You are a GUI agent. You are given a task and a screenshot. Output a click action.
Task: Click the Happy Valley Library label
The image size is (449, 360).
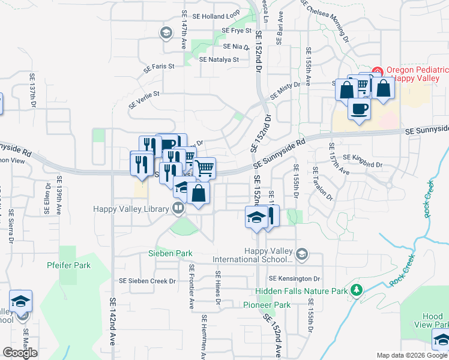click(131, 209)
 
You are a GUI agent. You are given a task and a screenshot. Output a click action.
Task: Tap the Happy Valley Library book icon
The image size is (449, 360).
click(178, 208)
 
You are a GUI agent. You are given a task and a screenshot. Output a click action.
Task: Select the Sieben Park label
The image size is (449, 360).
click(170, 253)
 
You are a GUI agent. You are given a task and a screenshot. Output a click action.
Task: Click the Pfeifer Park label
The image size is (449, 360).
click(69, 265)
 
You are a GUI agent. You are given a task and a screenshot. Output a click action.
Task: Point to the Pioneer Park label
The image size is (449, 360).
click(267, 305)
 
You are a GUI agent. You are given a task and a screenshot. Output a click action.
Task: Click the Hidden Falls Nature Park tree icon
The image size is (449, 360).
click(357, 291)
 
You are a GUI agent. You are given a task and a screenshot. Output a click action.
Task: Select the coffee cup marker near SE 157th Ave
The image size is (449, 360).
click(359, 109)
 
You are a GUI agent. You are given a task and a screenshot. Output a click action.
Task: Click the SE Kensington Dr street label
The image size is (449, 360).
click(294, 279)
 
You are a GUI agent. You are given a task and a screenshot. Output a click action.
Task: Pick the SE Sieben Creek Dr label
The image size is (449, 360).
click(147, 281)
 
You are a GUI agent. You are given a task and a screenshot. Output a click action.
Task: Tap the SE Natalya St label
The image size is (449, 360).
click(219, 60)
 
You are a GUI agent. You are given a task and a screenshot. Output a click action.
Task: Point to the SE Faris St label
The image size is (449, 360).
click(158, 67)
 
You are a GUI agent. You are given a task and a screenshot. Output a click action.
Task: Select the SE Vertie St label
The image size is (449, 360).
click(144, 99)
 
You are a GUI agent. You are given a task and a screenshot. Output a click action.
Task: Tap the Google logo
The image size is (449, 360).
click(20, 353)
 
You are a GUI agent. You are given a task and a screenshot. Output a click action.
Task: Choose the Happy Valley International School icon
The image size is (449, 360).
click(301, 255)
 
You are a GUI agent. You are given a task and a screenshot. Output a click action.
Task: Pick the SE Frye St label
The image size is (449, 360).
click(236, 30)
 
